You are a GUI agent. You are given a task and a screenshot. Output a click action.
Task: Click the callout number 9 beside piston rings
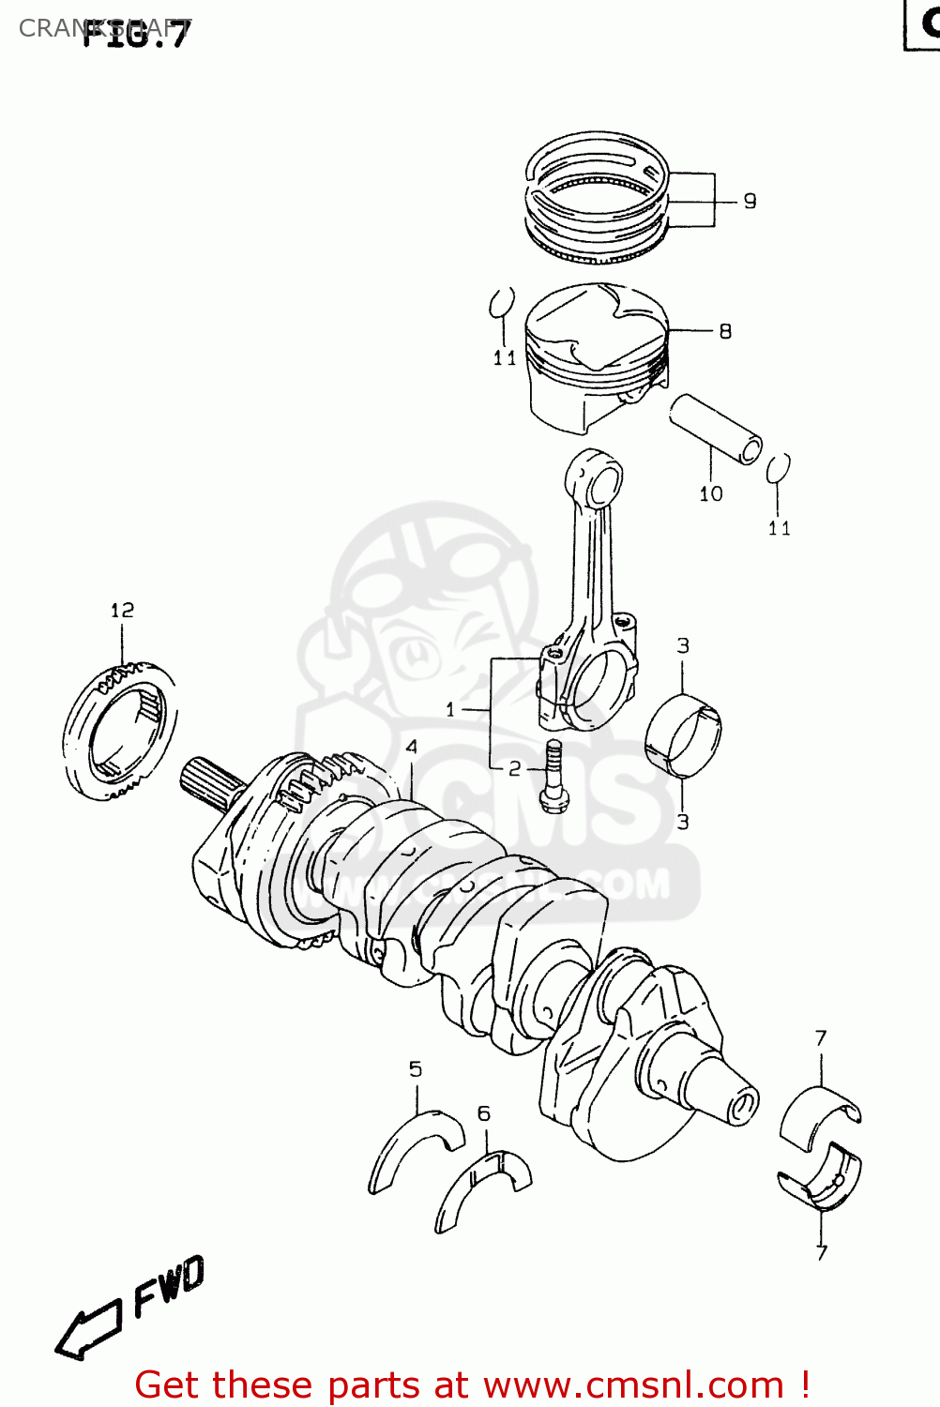pos(750,201)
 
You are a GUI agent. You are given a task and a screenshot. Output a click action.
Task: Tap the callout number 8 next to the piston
pos(725,331)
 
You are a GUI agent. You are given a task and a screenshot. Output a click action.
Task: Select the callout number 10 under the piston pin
pos(711,493)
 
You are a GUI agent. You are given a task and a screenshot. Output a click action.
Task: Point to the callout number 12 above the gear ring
pos(122,611)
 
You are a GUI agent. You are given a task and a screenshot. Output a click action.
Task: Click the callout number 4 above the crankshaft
pos(411,748)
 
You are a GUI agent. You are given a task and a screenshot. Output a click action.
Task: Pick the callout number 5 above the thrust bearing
pos(416,1069)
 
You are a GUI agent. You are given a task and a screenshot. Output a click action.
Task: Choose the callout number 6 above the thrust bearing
pos(484,1113)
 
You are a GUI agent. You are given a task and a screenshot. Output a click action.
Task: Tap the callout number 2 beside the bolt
pos(514,769)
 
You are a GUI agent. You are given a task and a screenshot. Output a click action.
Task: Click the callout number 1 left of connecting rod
pos(450,709)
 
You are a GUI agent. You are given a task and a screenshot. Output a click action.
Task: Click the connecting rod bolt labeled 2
pos(553,776)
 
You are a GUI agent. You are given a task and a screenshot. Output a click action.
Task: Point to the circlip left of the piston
pos(502,303)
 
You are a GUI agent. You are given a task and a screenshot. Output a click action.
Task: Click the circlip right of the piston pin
pos(778,468)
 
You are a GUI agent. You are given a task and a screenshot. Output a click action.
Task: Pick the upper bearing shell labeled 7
pos(819,1116)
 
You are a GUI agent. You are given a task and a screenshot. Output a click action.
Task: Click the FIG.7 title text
pos(136,33)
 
